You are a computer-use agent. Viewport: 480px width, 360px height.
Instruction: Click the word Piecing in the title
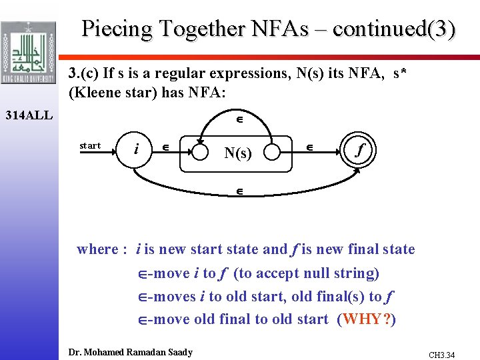[114, 29]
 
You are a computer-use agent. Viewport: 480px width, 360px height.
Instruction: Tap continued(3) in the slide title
[394, 29]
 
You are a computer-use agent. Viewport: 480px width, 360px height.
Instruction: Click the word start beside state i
[90, 145]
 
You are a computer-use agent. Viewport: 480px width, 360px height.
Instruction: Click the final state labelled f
[361, 150]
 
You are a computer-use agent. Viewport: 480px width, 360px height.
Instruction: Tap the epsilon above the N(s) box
[238, 121]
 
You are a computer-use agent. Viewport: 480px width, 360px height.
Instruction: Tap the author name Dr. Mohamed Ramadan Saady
[131, 352]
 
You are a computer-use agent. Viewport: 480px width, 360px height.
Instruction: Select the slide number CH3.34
[442, 355]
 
